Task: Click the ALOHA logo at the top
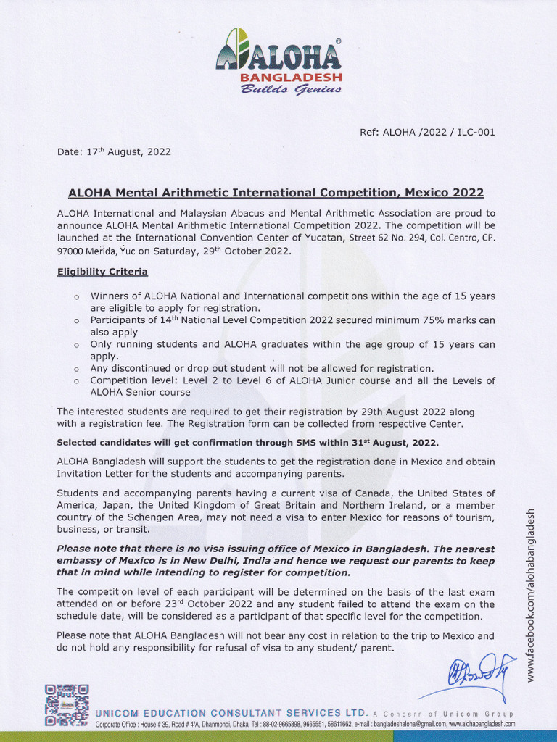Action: pyautogui.click(x=278, y=51)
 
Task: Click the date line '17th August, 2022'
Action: pyautogui.click(x=114, y=152)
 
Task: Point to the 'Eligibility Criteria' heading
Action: pyautogui.click(x=102, y=272)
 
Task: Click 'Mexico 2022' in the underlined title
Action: pyautogui.click(x=444, y=193)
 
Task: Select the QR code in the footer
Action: pyautogui.click(x=66, y=705)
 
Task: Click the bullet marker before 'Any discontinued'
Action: pyautogui.click(x=75, y=369)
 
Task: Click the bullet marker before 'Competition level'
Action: pyautogui.click(x=75, y=381)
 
